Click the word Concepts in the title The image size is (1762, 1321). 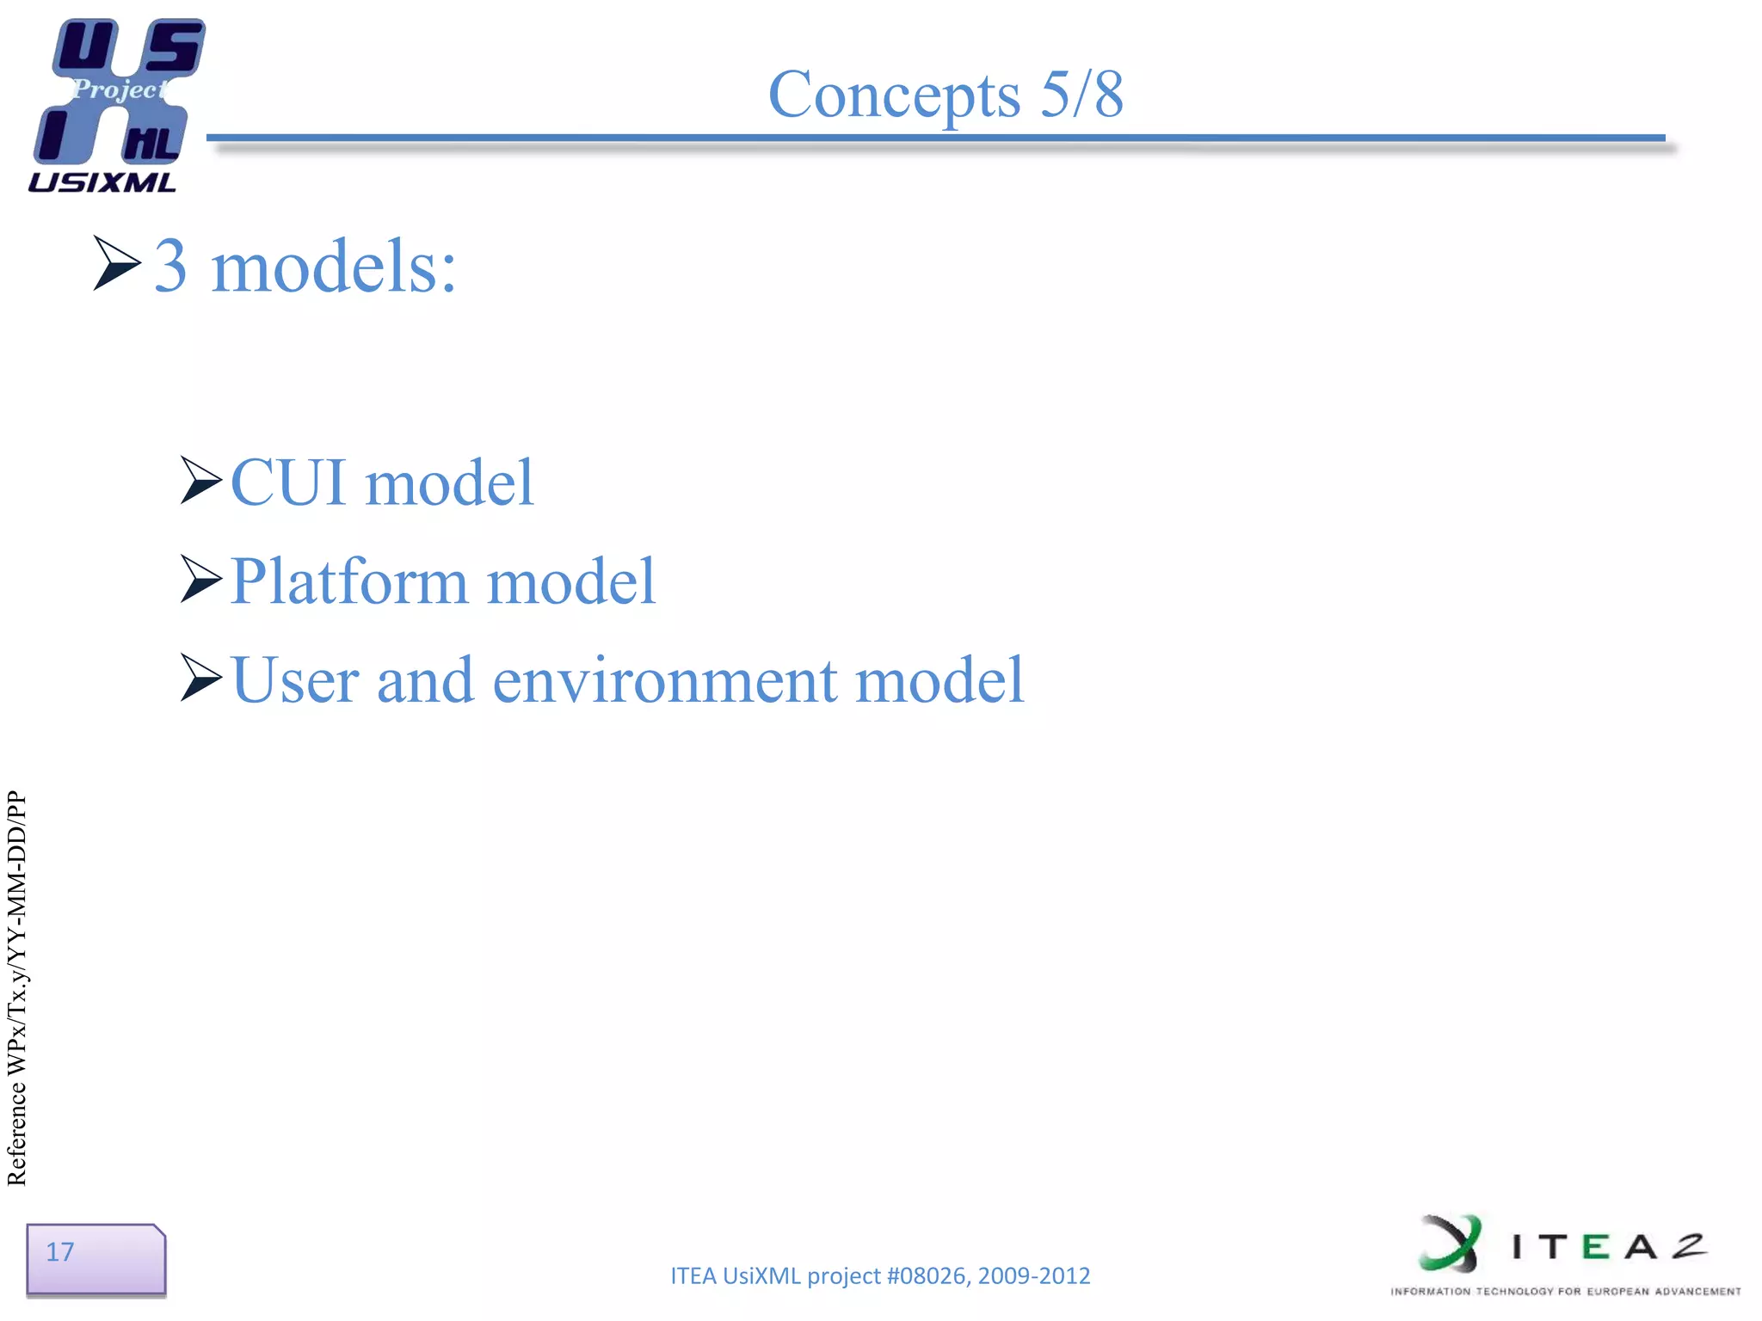[x=894, y=95]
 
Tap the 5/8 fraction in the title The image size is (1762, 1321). [x=1081, y=94]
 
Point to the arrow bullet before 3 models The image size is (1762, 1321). [x=116, y=263]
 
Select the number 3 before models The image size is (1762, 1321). [x=170, y=266]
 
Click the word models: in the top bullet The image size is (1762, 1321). [x=333, y=266]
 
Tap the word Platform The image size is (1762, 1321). [x=348, y=581]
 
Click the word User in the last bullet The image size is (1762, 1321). [x=294, y=680]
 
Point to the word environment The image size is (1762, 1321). [x=664, y=680]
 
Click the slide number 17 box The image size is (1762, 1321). [x=95, y=1259]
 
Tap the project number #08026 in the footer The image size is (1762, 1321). [x=925, y=1275]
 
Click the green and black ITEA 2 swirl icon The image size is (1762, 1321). [x=1451, y=1243]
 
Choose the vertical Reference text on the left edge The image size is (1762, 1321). [x=17, y=989]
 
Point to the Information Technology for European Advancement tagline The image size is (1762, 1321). [x=1565, y=1291]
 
